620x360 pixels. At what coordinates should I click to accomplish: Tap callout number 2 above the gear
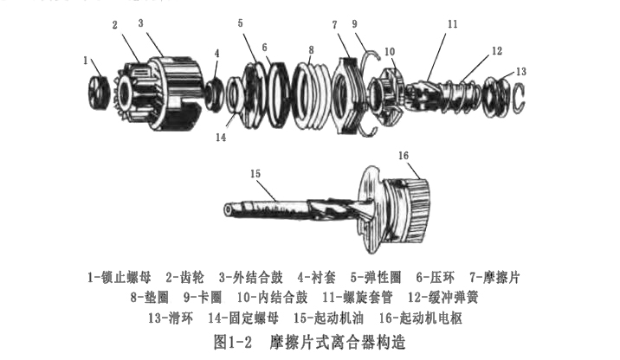[x=114, y=25]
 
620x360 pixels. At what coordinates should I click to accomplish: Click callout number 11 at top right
[x=451, y=24]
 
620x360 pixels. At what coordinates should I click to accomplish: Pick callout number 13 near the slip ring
[x=520, y=72]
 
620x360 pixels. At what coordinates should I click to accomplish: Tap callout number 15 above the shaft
[x=255, y=174]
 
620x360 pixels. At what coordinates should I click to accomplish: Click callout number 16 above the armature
[x=404, y=155]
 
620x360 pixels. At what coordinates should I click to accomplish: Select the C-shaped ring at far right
[x=519, y=95]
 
